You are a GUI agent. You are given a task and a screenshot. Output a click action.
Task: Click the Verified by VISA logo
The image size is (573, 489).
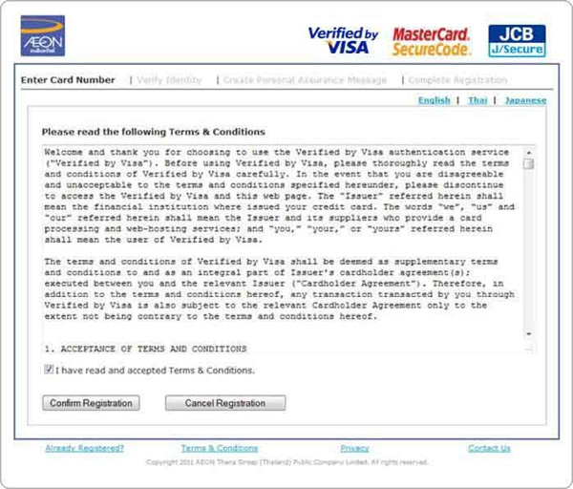[x=343, y=41]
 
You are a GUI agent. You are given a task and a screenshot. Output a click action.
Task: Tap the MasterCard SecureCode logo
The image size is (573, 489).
[x=432, y=41]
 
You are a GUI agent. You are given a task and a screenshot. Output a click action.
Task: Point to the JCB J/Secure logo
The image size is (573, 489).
[x=517, y=41]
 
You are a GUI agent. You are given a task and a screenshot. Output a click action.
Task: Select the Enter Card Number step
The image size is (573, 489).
[x=68, y=80]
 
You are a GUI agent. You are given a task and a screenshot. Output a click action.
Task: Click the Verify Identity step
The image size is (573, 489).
[x=169, y=80]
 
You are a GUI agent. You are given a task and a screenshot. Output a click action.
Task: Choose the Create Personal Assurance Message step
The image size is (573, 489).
[x=305, y=80]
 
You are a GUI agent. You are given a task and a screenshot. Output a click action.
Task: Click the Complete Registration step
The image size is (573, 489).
[x=457, y=80]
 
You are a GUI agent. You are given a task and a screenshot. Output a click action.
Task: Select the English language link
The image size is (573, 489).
[x=435, y=100]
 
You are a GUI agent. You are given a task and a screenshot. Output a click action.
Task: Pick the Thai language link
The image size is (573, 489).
[x=477, y=100]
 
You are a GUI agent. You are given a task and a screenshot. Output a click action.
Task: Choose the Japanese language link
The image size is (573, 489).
[x=525, y=100]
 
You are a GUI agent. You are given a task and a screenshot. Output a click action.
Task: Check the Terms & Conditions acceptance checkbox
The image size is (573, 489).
[x=49, y=370]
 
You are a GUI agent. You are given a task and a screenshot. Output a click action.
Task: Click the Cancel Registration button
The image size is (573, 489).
[x=225, y=403]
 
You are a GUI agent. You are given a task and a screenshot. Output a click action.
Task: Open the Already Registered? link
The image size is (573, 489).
[x=84, y=448]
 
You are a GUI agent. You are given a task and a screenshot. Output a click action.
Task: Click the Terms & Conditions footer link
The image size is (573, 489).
[x=220, y=448]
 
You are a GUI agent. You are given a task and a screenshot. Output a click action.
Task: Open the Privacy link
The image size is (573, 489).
[x=354, y=448]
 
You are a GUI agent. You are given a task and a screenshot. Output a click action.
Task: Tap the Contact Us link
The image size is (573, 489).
[x=489, y=448]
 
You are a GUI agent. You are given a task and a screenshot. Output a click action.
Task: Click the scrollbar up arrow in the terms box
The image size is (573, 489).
[x=529, y=151]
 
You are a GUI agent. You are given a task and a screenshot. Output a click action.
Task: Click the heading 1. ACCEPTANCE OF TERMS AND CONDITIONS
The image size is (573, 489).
[x=145, y=350]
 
